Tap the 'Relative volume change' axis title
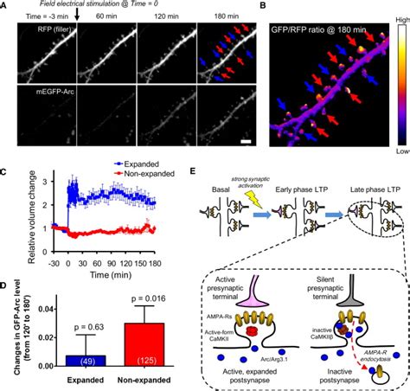coord(7,202)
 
